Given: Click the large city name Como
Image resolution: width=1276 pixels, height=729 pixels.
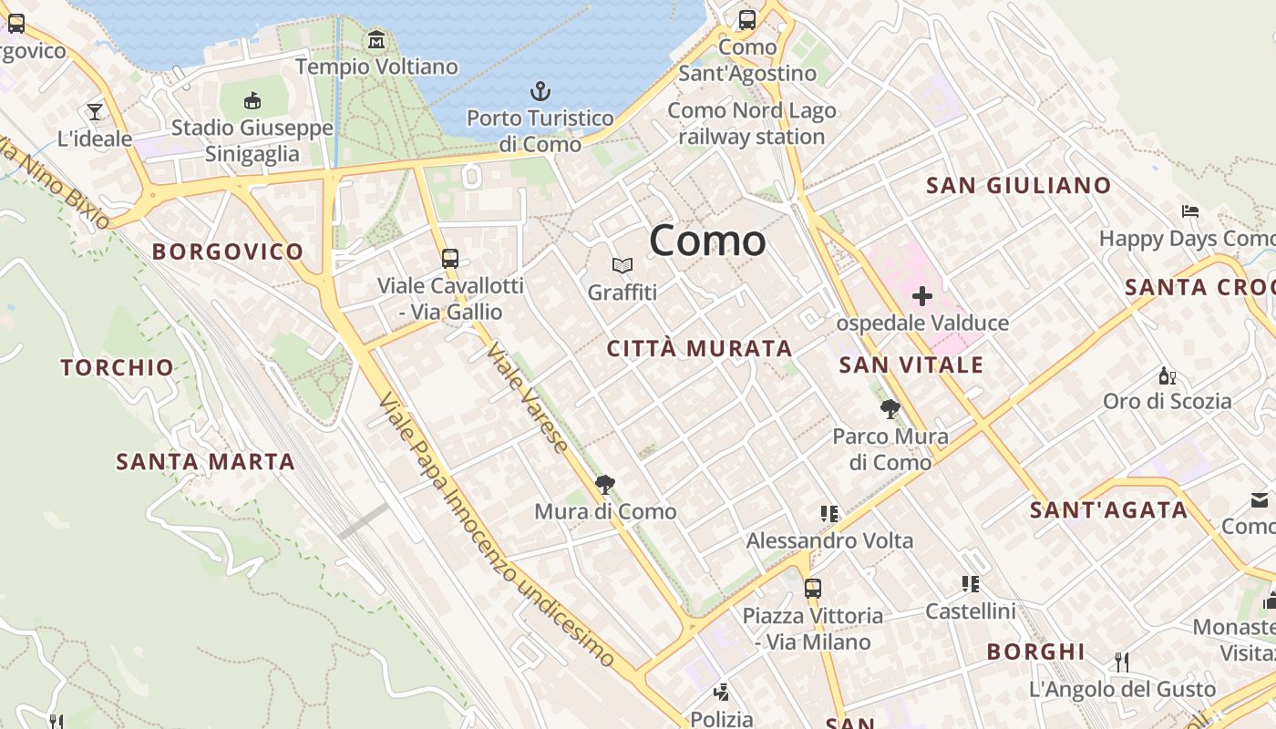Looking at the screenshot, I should [707, 241].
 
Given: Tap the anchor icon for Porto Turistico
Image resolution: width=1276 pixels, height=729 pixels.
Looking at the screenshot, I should [540, 91].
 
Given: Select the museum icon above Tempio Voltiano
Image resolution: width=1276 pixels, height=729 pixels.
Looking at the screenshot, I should [376, 40].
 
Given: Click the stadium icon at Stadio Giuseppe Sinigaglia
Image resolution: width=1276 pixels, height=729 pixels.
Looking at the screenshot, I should [252, 100].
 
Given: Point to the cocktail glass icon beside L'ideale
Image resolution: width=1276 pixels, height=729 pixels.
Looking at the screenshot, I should [95, 112].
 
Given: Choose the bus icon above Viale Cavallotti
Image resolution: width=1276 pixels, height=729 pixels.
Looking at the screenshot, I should [450, 258].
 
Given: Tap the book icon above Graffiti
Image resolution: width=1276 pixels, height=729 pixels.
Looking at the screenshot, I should [623, 265].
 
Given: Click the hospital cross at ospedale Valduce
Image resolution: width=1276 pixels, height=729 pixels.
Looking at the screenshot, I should [922, 296].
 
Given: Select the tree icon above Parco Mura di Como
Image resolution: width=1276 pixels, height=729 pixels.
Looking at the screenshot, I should [890, 409].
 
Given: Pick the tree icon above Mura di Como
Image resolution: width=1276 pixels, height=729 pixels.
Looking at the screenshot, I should [604, 484].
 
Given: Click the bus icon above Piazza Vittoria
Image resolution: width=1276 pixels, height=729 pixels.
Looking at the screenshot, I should [812, 588].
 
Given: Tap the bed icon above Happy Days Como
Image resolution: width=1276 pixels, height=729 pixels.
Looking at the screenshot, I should [1189, 211].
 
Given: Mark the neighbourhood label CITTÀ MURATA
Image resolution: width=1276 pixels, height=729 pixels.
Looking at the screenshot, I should [699, 348].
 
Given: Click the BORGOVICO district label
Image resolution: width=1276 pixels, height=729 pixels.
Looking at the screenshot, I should [228, 252].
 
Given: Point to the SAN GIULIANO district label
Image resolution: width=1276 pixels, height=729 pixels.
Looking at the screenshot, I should [1018, 186].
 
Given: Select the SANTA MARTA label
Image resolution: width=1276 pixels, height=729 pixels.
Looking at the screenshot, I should [206, 461].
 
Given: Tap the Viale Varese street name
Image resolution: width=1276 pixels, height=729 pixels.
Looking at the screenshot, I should [528, 396].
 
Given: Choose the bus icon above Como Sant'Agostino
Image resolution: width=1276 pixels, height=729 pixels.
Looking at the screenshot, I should [747, 19].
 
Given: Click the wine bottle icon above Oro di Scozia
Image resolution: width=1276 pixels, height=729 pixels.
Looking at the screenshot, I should [1167, 375].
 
